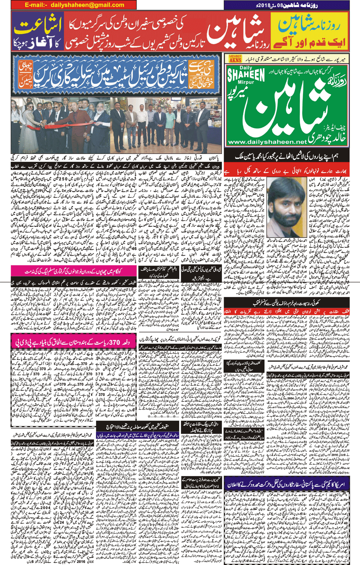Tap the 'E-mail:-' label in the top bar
coord(36,5)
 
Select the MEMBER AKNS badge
coord(235,59)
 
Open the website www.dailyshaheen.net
coord(267,142)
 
